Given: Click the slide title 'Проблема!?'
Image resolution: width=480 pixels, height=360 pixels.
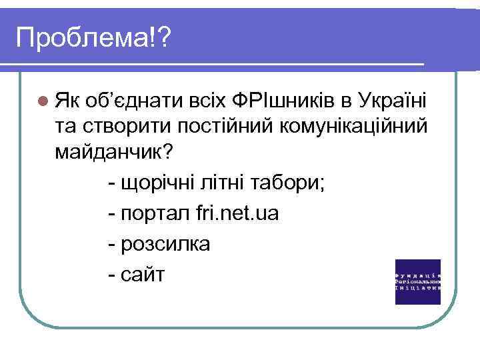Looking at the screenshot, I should coord(93,38).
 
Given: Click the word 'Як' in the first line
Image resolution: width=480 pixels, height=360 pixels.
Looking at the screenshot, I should coord(67,101).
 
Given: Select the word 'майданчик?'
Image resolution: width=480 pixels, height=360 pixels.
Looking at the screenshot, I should coord(114,152).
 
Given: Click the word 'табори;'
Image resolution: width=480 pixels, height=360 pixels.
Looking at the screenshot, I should coord(289,183).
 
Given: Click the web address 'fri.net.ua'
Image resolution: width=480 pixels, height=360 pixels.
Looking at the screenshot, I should coord(239,213).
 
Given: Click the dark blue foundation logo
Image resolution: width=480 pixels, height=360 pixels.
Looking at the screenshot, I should coord(418,281).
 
